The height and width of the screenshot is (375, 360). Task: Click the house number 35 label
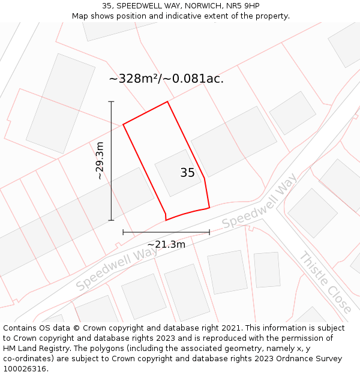click(187, 173)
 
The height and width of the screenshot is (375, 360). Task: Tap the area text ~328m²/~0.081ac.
click(166, 79)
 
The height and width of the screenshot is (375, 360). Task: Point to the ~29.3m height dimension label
click(100, 161)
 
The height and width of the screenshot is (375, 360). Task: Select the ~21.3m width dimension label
click(166, 244)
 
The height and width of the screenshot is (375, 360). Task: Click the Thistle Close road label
click(326, 281)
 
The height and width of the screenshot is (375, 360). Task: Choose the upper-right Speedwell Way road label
click(259, 202)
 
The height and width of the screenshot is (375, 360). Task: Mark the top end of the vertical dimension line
click(111, 101)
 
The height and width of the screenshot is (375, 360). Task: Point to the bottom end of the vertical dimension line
click(111, 220)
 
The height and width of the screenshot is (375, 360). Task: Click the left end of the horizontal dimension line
click(123, 232)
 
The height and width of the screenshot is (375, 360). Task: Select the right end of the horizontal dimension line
click(209, 232)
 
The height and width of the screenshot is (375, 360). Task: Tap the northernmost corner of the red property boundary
click(167, 101)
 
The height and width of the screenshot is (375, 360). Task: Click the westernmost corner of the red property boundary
click(123, 124)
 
